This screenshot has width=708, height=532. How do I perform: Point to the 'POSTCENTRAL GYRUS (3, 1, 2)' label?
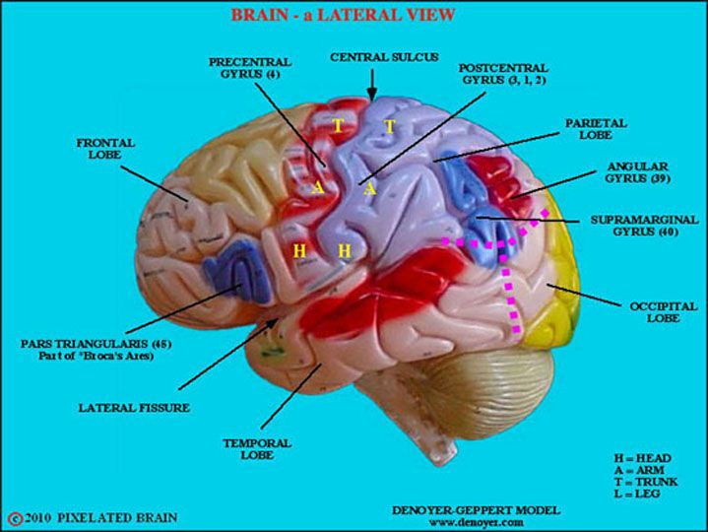point(501,76)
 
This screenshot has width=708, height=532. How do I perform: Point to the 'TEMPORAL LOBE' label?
point(257,450)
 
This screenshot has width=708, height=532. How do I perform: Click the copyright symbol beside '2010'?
point(14,517)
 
